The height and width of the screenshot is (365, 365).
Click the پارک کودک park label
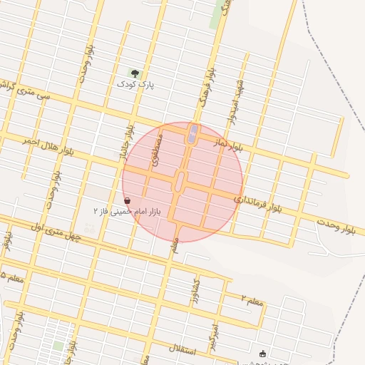pyautogui.click(x=135, y=84)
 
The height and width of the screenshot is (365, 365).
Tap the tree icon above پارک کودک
pyautogui.click(x=135, y=73)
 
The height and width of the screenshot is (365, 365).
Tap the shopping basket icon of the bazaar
pyautogui.click(x=127, y=201)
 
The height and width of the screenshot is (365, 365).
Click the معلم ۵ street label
pyautogui.click(x=12, y=277)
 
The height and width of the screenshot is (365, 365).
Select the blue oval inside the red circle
pyautogui.click(x=192, y=134)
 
